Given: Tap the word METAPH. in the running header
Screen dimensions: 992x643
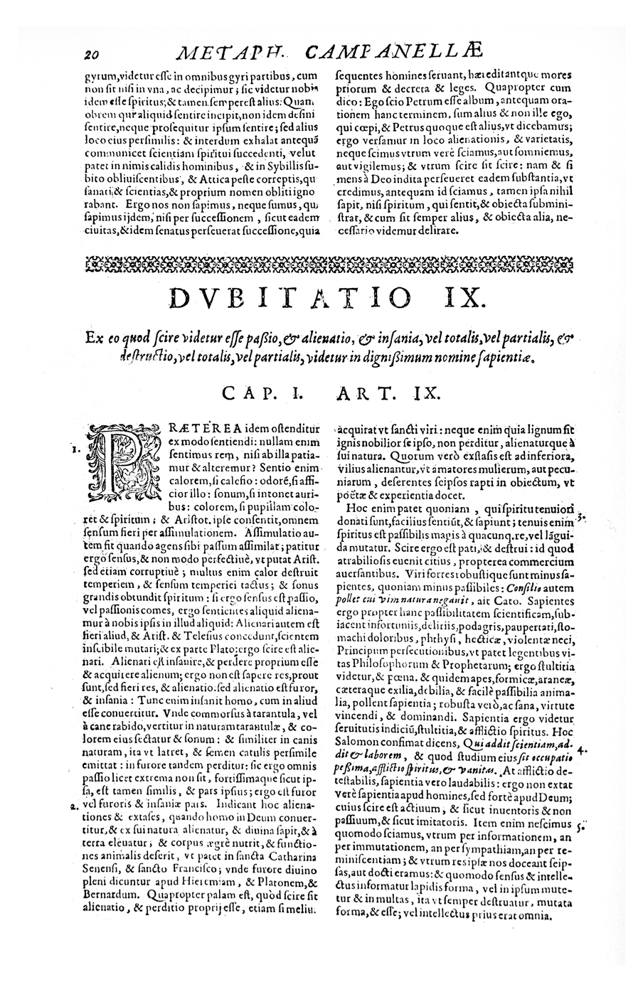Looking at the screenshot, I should [x=228, y=53].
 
